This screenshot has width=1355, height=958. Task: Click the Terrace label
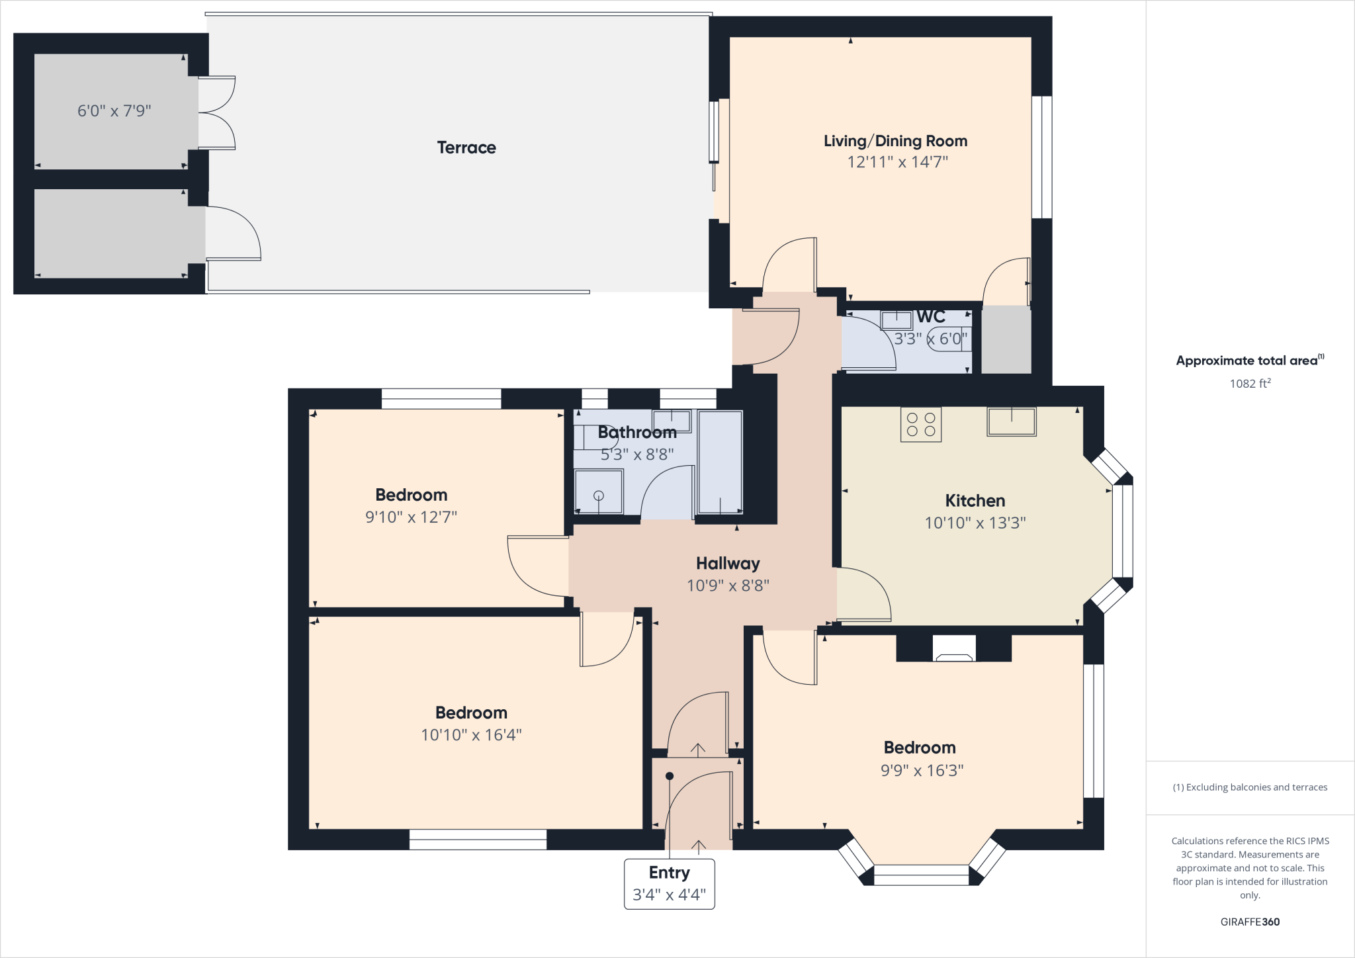tap(466, 148)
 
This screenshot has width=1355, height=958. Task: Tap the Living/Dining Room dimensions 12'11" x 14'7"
tap(897, 162)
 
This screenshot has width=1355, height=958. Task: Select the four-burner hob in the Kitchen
tap(921, 425)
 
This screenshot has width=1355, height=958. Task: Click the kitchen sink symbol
tap(1011, 421)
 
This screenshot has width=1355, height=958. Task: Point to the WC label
tap(931, 317)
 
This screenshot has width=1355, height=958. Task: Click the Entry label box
tap(669, 884)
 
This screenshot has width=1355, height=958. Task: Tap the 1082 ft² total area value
tap(1250, 384)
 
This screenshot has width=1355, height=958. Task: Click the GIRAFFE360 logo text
tap(1250, 922)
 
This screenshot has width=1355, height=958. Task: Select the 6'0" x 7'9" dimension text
tap(114, 110)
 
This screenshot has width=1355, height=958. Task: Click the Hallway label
tap(728, 564)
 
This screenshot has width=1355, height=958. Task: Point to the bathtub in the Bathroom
tap(720, 462)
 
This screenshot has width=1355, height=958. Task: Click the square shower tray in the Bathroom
tap(599, 492)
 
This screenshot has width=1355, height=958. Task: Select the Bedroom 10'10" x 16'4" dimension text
tap(471, 735)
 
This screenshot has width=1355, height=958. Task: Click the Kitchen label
tap(975, 501)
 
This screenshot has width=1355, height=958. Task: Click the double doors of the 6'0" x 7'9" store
tap(217, 112)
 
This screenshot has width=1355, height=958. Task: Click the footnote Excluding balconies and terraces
tap(1250, 787)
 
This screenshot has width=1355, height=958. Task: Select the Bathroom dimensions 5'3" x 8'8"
tap(636, 455)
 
